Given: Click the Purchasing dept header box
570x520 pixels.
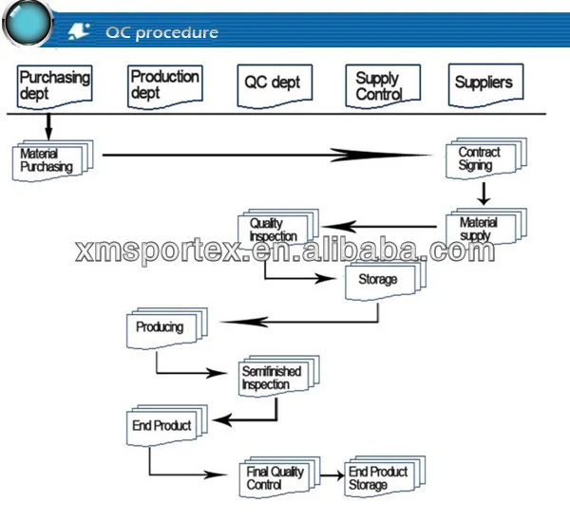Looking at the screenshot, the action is pyautogui.click(x=54, y=87).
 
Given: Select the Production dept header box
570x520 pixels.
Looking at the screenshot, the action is pyautogui.click(x=165, y=86).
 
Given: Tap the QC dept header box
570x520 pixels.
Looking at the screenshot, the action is pyautogui.click(x=275, y=86).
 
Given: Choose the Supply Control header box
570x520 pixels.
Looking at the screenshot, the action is pyautogui.click(x=383, y=86).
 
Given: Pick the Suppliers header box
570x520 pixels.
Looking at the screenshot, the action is pyautogui.click(x=486, y=85).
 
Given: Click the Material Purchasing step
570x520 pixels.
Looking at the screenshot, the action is pyautogui.click(x=52, y=160).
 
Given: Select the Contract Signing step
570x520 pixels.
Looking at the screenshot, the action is pyautogui.click(x=486, y=158).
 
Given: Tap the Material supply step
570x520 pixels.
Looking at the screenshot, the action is pyautogui.click(x=486, y=228).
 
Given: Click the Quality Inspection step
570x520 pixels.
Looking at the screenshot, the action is pyautogui.click(x=278, y=229).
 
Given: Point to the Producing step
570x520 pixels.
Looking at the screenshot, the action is pyautogui.click(x=167, y=328).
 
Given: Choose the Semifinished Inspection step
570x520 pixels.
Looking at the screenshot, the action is pyautogui.click(x=279, y=377).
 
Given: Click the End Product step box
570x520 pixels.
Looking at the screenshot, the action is pyautogui.click(x=167, y=425).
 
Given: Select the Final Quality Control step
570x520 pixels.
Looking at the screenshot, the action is pyautogui.click(x=279, y=477).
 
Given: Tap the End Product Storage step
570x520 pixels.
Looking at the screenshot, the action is pyautogui.click(x=385, y=476).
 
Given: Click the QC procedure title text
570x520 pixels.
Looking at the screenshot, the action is pyautogui.click(x=162, y=32).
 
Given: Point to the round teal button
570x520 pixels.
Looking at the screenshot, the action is pyautogui.click(x=28, y=23).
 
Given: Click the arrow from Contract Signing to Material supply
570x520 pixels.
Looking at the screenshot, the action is pyautogui.click(x=484, y=194).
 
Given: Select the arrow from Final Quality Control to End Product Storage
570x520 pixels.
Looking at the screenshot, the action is pyautogui.click(x=332, y=475).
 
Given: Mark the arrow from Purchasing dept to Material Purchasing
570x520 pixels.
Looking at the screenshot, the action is pyautogui.click(x=48, y=127).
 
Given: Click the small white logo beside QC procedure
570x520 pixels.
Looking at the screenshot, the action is pyautogui.click(x=79, y=31).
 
